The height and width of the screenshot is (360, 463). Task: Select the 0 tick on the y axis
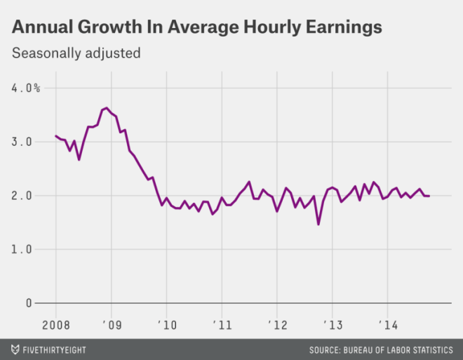click(29, 303)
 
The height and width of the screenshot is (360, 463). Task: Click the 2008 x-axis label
click(55, 324)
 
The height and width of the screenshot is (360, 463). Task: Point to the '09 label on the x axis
click(111, 324)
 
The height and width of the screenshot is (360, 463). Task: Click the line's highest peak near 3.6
click(106, 108)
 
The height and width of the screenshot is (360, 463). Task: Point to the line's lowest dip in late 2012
click(318, 224)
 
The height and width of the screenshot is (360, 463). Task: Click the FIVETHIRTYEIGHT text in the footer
click(56, 349)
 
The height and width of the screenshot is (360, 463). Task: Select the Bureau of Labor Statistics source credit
click(381, 349)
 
